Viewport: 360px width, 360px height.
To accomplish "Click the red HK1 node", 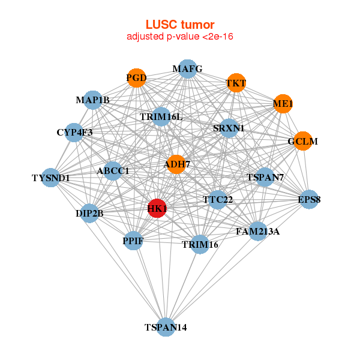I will pyautogui.click(x=157, y=208).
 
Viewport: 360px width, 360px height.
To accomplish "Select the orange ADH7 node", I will pyautogui.click(x=176, y=164).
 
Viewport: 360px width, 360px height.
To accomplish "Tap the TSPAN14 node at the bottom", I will pyautogui.click(x=166, y=327).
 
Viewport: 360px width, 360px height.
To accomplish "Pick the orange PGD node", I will pyautogui.click(x=136, y=77).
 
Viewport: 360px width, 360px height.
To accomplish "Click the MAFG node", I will pyautogui.click(x=188, y=69).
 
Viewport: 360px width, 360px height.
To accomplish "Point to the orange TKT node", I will pyautogui.click(x=236, y=83).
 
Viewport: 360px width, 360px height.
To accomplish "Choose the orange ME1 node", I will pyautogui.click(x=283, y=104).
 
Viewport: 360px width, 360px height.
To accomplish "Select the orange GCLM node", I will pyautogui.click(x=302, y=142).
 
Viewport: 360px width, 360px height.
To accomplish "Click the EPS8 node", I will pyautogui.click(x=309, y=199).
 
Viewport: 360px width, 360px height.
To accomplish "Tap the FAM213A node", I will pyautogui.click(x=257, y=231).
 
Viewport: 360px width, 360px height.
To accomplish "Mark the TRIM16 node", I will pyautogui.click(x=200, y=244).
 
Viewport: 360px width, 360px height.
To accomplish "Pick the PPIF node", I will pyautogui.click(x=133, y=241).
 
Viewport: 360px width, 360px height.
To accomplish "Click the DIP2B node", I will pyautogui.click(x=89, y=213).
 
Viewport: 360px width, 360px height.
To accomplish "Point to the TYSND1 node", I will pyautogui.click(x=51, y=178).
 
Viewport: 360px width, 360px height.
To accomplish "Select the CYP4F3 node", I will pyautogui.click(x=74, y=132).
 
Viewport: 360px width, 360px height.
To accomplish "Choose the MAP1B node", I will pyautogui.click(x=93, y=100).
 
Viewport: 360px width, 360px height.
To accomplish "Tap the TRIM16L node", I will pyautogui.click(x=161, y=116).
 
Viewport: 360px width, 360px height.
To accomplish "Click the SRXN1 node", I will pyautogui.click(x=229, y=128).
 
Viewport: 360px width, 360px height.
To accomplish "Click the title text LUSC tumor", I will pyautogui.click(x=180, y=25).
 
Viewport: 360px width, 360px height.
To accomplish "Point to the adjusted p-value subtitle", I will pyautogui.click(x=180, y=37).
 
